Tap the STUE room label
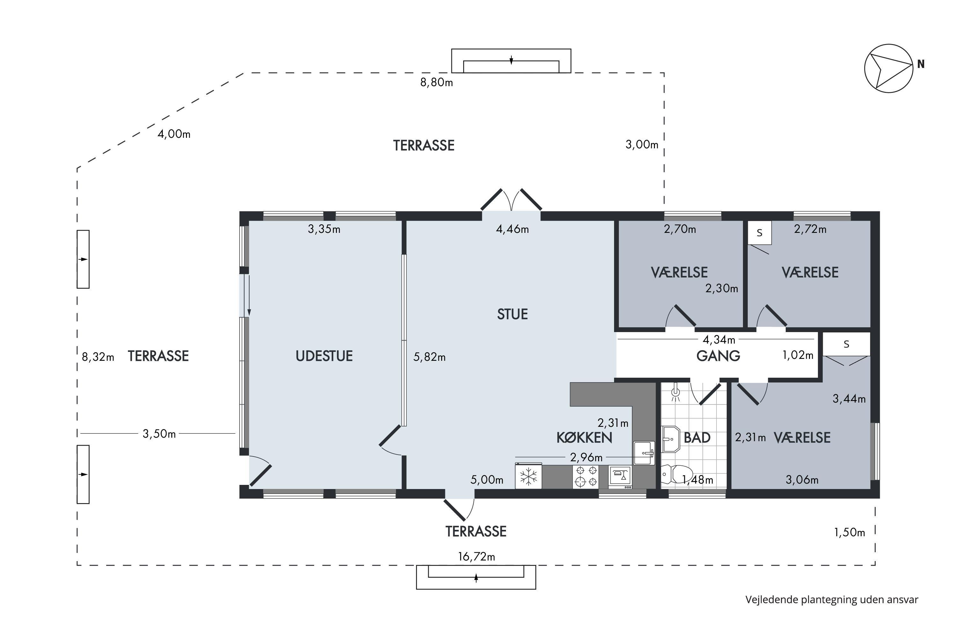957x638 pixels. (512, 314)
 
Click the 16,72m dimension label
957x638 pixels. (477, 557)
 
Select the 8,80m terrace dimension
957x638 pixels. (437, 83)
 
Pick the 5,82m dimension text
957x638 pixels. (429, 357)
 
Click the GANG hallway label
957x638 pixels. (718, 356)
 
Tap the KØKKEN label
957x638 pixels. (584, 437)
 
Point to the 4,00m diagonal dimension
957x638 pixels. (174, 134)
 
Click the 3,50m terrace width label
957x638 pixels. (159, 434)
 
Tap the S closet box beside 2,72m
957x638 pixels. (760, 233)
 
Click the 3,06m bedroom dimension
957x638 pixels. (802, 480)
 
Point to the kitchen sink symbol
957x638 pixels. (644, 453)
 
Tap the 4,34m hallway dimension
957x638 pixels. (719, 339)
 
